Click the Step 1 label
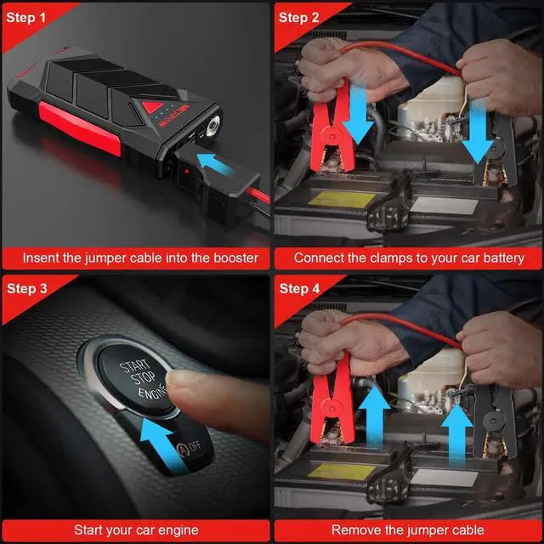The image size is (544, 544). tap(26, 17)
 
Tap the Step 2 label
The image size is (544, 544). tap(298, 17)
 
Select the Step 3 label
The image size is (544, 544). tap(27, 288)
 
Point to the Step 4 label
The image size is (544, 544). tap(299, 288)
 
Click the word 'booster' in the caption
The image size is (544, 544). tap(235, 258)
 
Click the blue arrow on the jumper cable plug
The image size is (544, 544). tap(214, 163)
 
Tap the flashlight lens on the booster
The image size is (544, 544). tap(212, 127)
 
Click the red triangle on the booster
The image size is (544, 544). tap(152, 106)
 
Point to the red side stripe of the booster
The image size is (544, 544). tap(80, 127)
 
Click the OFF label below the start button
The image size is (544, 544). tap(195, 445)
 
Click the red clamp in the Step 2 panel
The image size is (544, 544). tap(332, 129)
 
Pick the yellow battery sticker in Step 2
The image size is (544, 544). tap(342, 200)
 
